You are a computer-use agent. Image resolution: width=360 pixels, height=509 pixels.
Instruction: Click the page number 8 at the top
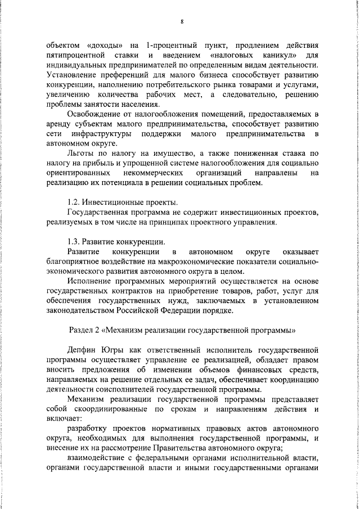[182, 22]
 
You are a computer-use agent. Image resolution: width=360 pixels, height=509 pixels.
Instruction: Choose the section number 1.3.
[75, 242]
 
